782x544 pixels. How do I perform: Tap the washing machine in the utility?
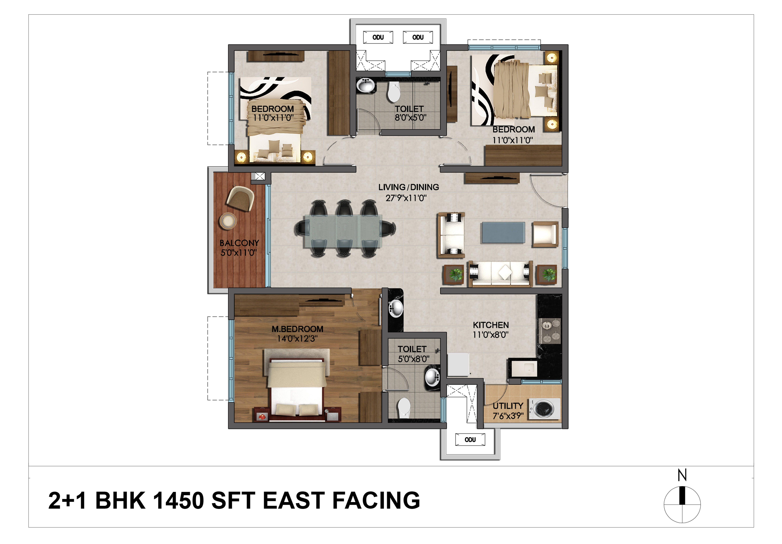544,409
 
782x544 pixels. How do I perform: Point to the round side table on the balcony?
228,221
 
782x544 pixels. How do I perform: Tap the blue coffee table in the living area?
503,233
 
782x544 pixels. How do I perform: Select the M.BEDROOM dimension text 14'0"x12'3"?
297,339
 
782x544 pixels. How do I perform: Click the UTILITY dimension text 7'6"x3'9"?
508,416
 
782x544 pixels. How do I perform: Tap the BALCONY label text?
239,243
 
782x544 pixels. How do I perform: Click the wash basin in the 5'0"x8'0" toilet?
432,377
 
